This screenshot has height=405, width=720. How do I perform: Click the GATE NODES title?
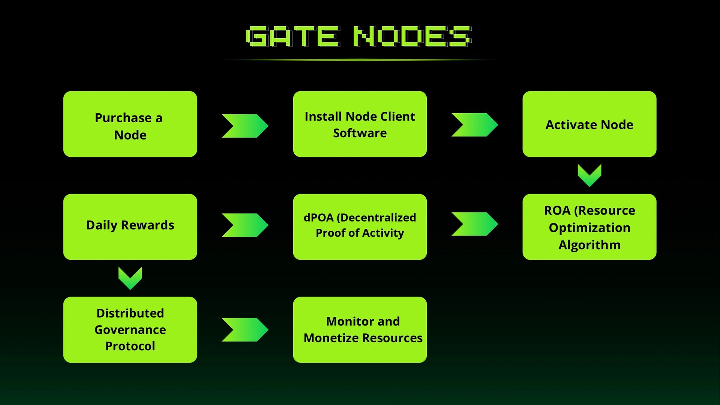point(359,36)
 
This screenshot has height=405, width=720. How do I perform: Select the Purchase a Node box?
point(130,124)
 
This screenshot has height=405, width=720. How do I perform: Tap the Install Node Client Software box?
point(360,124)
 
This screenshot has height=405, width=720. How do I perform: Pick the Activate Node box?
point(589,124)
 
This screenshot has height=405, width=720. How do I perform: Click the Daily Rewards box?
point(130,227)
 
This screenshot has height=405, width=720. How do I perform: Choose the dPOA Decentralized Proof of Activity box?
point(360,227)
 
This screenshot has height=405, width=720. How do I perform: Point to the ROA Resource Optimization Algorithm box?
point(589,227)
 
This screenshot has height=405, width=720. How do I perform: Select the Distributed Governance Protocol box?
point(130,330)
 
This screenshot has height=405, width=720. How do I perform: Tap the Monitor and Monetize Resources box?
point(360,330)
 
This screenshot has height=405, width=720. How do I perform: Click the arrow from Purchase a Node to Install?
point(245,126)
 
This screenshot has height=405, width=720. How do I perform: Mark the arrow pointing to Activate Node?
point(475,124)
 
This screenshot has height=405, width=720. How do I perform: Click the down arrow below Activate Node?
point(589,175)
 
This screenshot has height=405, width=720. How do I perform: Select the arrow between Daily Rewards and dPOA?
point(245,225)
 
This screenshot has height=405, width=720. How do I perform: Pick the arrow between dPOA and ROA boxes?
point(475,224)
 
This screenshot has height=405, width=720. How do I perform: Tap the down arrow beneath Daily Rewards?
point(130,278)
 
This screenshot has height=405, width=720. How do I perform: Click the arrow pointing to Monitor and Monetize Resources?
point(245,330)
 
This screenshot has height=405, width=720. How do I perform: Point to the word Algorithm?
point(589,245)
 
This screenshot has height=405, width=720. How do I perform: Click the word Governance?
point(130,330)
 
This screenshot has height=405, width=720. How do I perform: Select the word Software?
point(360,133)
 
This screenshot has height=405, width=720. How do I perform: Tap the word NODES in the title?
point(413,36)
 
